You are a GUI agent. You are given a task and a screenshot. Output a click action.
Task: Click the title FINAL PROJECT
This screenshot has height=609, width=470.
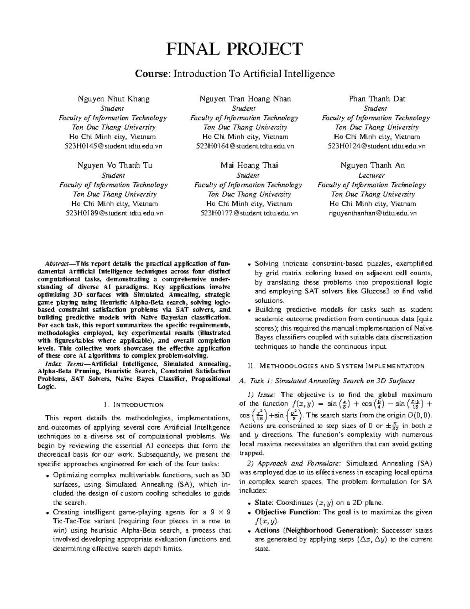coord(235,49)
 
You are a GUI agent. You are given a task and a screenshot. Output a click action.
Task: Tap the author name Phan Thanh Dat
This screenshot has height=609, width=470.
coord(377,99)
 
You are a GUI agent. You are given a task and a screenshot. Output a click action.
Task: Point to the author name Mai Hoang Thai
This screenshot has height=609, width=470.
coord(249,165)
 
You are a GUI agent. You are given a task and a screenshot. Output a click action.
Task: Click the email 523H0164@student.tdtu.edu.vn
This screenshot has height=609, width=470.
coord(245,146)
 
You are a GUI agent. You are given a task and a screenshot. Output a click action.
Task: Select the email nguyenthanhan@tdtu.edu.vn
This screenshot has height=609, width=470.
coord(372,213)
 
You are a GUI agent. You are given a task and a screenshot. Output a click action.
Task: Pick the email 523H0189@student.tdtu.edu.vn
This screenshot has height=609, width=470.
coord(113,213)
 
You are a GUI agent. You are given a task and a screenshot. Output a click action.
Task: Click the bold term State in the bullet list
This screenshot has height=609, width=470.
coord(264,503)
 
